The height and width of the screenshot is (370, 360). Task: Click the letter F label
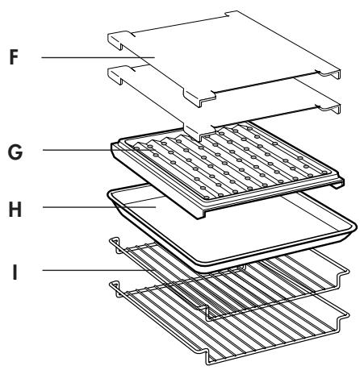coord(14,57)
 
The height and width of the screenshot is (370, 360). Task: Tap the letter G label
coord(15,152)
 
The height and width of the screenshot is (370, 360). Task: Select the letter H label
coord(15,210)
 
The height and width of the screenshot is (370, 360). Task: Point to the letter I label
coord(15,272)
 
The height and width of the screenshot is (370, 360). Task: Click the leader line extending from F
coord(98,57)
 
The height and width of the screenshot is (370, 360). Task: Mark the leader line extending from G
coord(99,150)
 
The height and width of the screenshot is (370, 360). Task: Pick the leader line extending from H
coord(99,207)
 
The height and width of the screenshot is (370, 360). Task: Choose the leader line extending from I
coord(98,270)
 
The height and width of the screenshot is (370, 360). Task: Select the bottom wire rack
coord(228,322)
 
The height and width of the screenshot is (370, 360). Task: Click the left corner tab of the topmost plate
coord(119,40)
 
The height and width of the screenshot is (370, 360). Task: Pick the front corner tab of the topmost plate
coord(200,98)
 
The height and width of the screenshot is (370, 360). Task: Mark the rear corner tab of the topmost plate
coord(232,14)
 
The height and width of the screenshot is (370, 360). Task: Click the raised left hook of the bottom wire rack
coord(116,289)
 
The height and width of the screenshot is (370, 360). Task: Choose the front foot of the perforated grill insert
coord(201,214)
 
